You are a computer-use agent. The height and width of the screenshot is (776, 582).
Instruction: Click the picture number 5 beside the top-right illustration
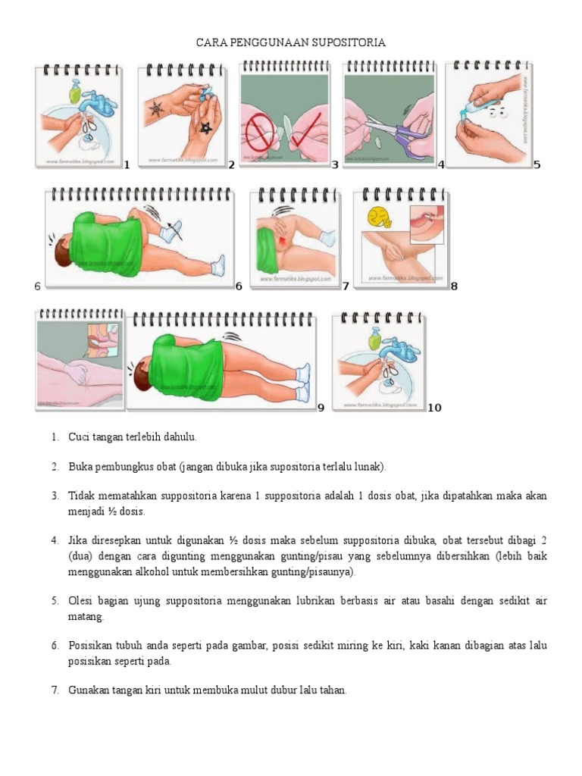(537, 164)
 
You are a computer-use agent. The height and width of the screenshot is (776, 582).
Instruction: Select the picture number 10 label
(434, 408)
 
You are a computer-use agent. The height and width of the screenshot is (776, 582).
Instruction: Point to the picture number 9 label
(321, 408)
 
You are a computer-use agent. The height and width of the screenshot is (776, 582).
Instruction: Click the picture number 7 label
(346, 286)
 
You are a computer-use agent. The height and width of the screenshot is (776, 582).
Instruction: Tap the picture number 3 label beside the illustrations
(334, 164)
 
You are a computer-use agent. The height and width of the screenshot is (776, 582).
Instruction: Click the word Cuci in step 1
(79, 437)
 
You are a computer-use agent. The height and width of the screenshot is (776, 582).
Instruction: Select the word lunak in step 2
(371, 466)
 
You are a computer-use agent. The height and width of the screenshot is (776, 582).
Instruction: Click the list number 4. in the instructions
(55, 540)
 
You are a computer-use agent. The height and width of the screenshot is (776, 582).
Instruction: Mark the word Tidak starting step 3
(81, 496)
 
